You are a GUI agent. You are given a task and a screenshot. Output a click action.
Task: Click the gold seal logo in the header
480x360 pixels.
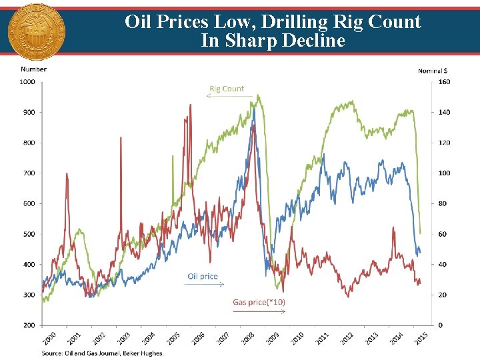pyautogui.click(x=36, y=30)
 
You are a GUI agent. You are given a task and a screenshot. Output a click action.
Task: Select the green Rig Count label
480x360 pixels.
pyautogui.click(x=227, y=89)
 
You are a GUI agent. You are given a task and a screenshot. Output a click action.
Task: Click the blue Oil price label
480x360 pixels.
pyautogui.click(x=202, y=276)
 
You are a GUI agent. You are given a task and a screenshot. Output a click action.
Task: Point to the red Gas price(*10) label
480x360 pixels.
pyautogui.click(x=259, y=302)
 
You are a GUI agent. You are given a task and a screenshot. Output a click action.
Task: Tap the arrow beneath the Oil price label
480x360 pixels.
pyautogui.click(x=204, y=284)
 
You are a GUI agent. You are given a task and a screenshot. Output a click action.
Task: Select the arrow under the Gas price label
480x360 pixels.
pyautogui.click(x=259, y=311)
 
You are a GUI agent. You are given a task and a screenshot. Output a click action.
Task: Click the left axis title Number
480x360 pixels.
pyautogui.click(x=33, y=69)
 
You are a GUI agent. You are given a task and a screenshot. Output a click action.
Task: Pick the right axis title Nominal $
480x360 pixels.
pyautogui.click(x=433, y=70)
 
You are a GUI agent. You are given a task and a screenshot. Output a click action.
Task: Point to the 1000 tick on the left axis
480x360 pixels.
pyautogui.click(x=27, y=82)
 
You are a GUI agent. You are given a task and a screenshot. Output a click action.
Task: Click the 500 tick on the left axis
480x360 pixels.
pyautogui.click(x=29, y=234)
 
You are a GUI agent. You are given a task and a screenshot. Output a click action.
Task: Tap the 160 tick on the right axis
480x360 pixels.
pyautogui.click(x=443, y=82)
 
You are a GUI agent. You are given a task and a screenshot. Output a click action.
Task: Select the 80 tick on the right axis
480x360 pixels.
pyautogui.click(x=443, y=204)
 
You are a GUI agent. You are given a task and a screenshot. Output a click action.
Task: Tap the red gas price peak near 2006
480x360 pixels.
pyautogui.click(x=190, y=105)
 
